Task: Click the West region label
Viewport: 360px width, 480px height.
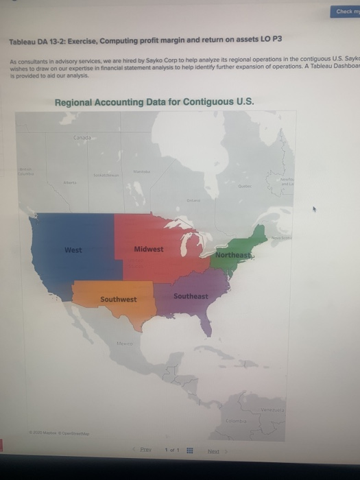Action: coord(73,250)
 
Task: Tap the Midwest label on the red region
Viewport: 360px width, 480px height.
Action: coord(149,249)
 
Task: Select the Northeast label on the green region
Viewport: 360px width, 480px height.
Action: coord(233,255)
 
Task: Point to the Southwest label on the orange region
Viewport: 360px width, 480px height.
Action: coord(118,299)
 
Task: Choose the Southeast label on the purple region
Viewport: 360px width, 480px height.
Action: coord(191,296)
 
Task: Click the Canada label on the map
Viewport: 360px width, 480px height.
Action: coord(82,139)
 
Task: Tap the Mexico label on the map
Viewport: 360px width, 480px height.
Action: coord(124,343)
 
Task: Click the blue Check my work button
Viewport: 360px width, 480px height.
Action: coord(346,11)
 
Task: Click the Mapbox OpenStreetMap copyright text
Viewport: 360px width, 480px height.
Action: coord(62,433)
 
